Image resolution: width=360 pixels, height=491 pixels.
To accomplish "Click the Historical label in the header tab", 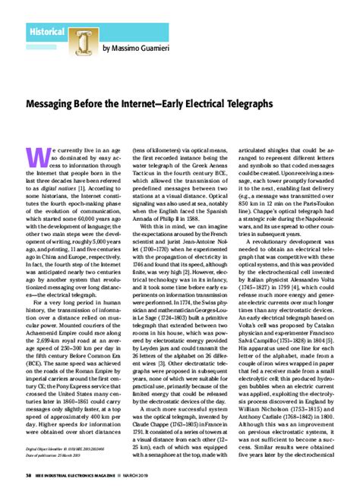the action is pos(46,32).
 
